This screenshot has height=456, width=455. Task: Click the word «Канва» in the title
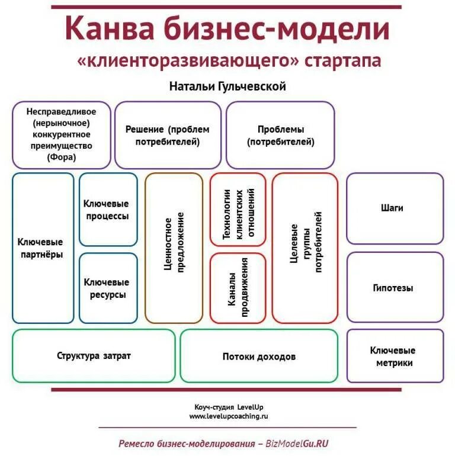click(109, 29)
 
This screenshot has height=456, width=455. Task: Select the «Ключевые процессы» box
click(108, 210)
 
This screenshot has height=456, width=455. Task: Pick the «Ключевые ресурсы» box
click(108, 288)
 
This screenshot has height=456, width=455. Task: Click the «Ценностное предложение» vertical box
click(174, 248)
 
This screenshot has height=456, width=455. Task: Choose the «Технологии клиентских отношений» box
click(238, 210)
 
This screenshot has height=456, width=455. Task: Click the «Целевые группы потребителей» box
click(305, 248)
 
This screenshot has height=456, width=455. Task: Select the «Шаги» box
click(395, 208)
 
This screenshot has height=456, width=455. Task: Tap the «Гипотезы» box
click(395, 288)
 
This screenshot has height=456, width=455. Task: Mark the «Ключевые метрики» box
click(395, 356)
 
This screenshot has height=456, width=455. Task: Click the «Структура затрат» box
click(94, 356)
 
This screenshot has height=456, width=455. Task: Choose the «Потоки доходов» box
click(259, 357)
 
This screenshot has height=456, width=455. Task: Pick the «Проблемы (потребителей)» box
click(280, 136)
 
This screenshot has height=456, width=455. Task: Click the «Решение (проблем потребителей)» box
click(168, 136)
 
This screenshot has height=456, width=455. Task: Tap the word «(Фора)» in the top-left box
click(62, 158)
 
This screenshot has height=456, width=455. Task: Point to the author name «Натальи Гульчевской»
click(227, 86)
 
